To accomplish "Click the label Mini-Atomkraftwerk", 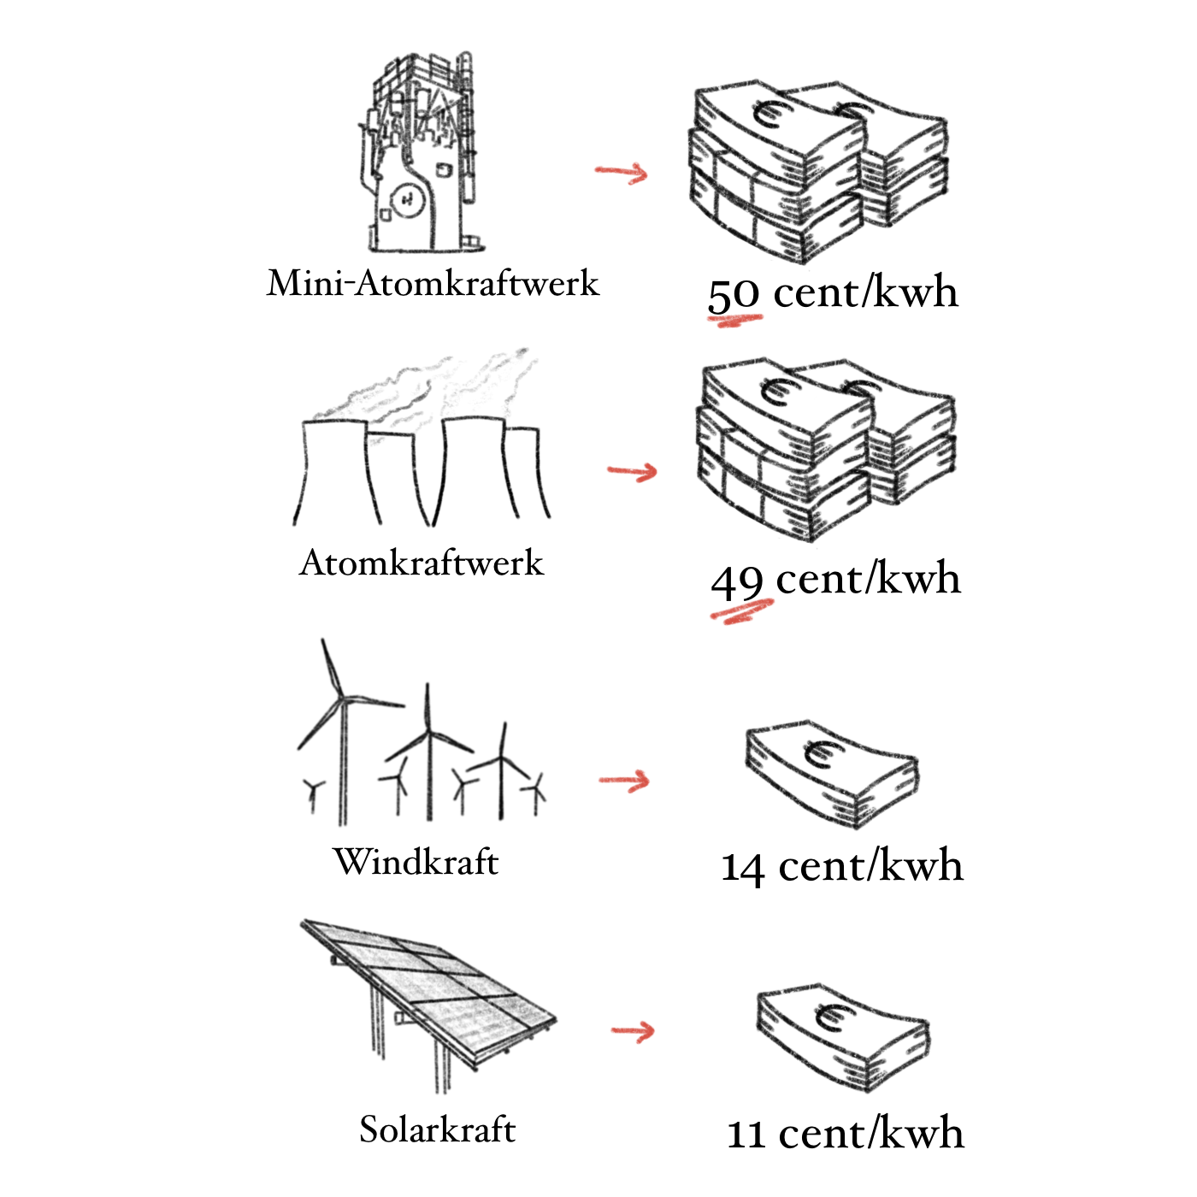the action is click(x=433, y=284).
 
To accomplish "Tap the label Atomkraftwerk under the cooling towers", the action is click(x=422, y=563).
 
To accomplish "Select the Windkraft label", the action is click(x=416, y=862).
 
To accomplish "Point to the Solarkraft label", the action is click(x=437, y=1129).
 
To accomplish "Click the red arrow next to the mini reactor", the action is click(x=622, y=172).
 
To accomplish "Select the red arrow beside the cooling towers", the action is click(x=633, y=471).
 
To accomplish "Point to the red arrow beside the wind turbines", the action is click(x=624, y=781).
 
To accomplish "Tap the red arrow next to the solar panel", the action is click(x=633, y=1031).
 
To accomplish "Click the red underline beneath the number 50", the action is click(x=734, y=321).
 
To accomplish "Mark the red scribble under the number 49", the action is click(x=742, y=612).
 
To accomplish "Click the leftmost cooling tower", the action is click(x=335, y=472).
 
